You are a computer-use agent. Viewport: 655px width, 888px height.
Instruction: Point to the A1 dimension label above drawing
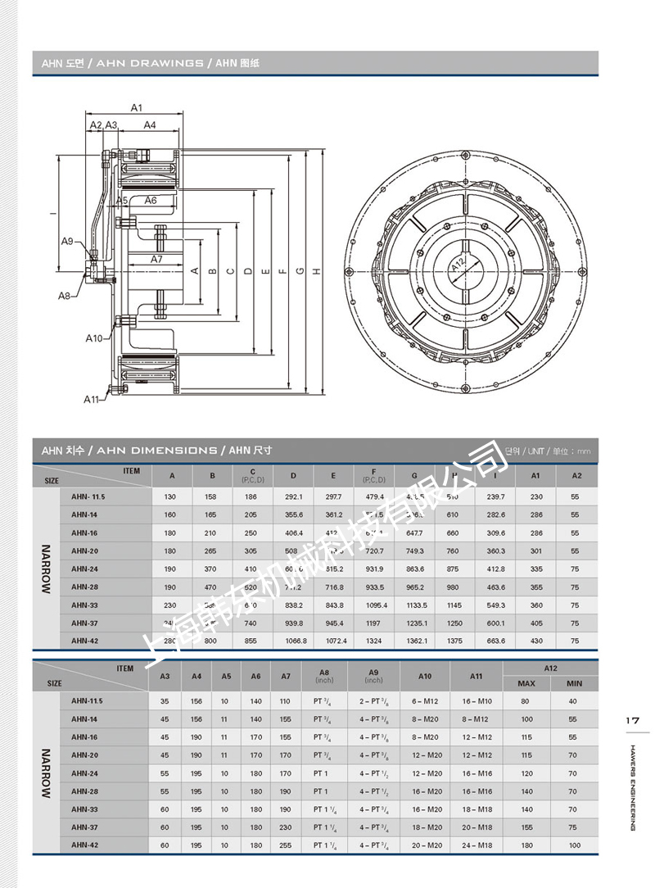137,107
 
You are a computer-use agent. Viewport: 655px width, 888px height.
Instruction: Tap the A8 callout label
63,295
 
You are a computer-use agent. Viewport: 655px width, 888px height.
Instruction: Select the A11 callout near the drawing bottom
91,399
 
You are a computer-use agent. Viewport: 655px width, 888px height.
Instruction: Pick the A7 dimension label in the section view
156,259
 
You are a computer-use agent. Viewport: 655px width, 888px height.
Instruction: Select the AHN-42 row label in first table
84,641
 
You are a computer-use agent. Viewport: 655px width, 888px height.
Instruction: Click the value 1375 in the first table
454,641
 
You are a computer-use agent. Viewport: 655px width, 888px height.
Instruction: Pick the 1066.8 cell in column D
294,641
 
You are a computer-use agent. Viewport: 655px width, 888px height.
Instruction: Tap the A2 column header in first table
576,475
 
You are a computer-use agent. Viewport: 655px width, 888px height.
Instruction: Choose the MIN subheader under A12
574,683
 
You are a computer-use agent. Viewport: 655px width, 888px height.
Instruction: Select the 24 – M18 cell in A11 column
477,845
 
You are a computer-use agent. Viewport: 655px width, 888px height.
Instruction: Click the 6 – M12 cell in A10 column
425,701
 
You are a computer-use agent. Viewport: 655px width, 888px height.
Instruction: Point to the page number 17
631,720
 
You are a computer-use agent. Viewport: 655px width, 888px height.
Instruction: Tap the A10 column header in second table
425,676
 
